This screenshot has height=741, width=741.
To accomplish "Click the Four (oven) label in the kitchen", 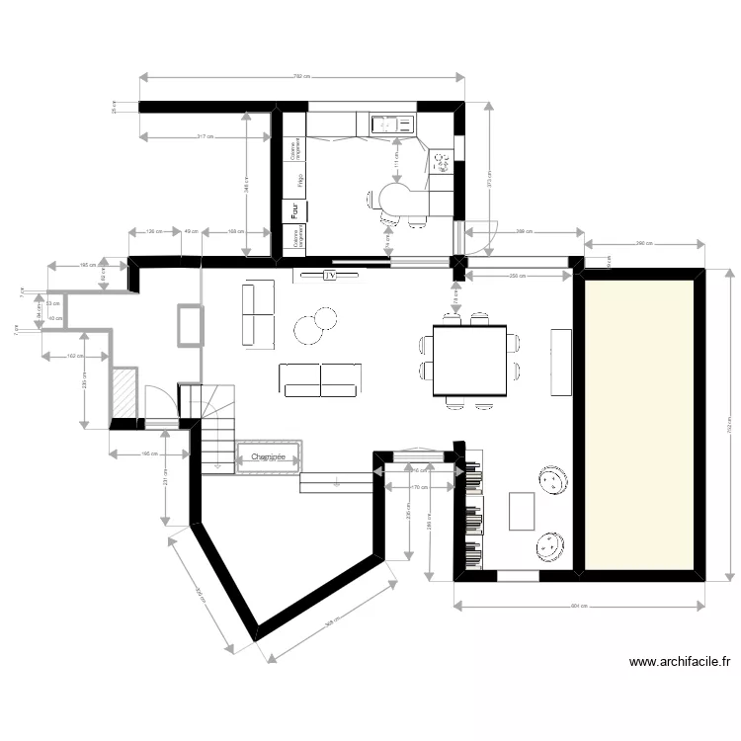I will click(293, 210).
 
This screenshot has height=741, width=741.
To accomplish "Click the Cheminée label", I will click(268, 457).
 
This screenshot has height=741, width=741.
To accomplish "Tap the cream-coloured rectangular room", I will click(641, 423).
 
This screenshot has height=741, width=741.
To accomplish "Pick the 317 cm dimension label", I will click(206, 135).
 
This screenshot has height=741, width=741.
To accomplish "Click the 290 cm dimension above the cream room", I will click(644, 243).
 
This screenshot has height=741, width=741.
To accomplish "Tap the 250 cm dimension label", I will click(516, 275).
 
